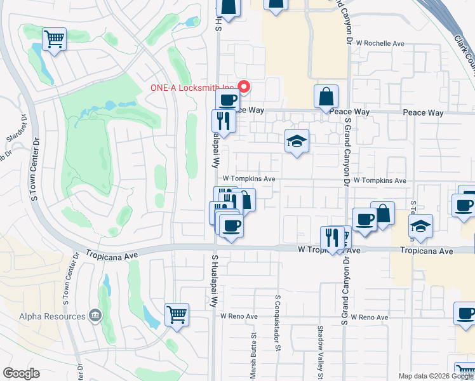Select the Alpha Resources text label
52,316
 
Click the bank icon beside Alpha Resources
95,315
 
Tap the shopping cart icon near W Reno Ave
177,314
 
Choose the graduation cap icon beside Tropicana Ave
420,225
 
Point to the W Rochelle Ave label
380,44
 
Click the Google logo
21,373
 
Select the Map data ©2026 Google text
436,376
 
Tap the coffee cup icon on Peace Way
227,99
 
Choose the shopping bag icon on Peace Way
326,97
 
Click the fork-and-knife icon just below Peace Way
223,121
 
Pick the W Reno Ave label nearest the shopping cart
239,316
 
